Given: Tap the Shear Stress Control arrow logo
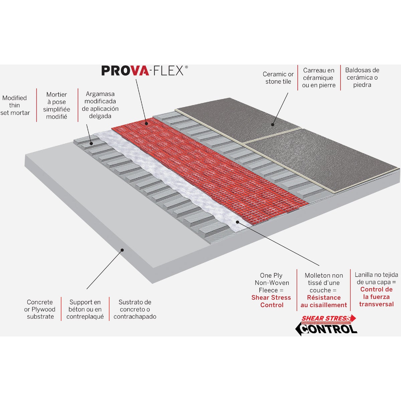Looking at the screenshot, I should [x=326, y=325].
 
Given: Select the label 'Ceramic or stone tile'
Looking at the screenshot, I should [x=278, y=78].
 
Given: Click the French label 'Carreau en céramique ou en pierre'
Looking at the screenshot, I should [x=319, y=78].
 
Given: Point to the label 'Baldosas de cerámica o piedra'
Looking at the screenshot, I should [x=362, y=78].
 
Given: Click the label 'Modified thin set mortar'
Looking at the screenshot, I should [x=15, y=105].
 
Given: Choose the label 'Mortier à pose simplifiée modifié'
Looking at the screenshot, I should [x=56, y=106].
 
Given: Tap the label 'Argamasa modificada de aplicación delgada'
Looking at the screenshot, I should [x=100, y=105].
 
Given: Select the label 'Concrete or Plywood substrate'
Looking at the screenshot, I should [x=40, y=309].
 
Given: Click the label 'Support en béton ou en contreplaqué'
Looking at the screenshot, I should [x=85, y=309].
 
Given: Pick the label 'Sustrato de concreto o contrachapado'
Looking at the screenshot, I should [x=135, y=309].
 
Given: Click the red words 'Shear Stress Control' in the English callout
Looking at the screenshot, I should [x=271, y=301].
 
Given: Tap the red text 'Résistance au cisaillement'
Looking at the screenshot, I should [x=324, y=301].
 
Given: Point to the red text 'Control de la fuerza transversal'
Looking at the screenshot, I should [x=376, y=297].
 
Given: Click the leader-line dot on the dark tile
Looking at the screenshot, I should [x=273, y=125].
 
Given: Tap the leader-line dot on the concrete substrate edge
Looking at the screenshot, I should [x=122, y=250].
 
